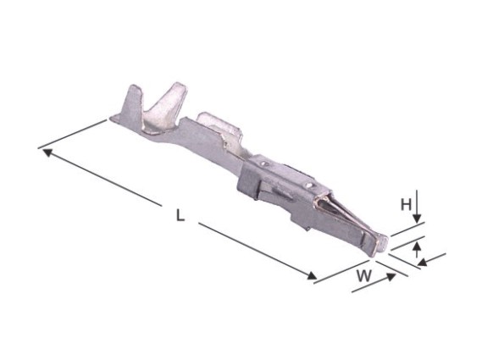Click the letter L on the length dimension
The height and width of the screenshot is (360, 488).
pyautogui.click(x=180, y=215)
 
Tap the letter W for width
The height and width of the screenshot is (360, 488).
pyautogui.click(x=364, y=275)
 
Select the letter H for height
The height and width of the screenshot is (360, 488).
pyautogui.click(x=406, y=205)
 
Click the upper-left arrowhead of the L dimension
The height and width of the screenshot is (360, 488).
pyautogui.click(x=47, y=152)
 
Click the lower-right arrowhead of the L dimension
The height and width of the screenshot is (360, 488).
pyautogui.click(x=313, y=275)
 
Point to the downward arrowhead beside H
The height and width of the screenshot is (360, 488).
pyautogui.click(x=417, y=218)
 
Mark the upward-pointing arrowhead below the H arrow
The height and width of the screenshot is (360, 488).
pyautogui.click(x=417, y=246)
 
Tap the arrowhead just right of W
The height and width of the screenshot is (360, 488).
pyautogui.click(x=391, y=277)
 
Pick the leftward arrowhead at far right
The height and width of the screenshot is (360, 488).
pyautogui.click(x=422, y=263)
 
